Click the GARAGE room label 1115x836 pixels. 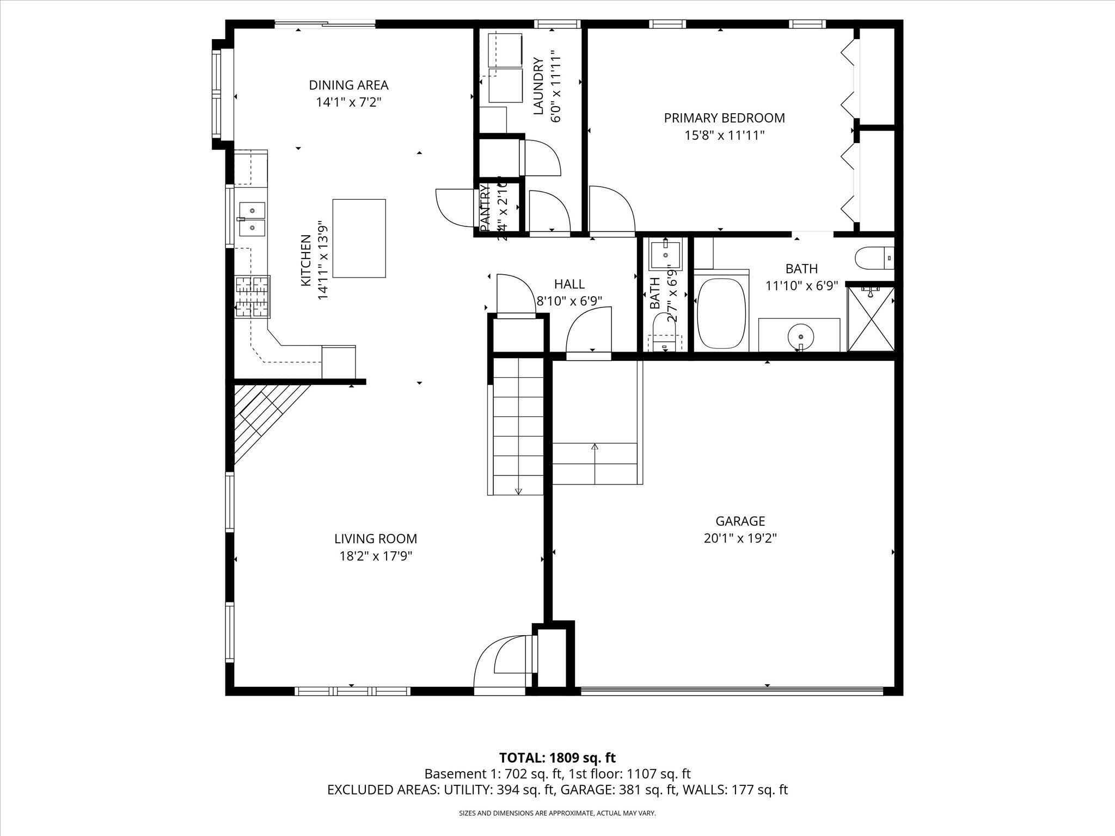(740, 521)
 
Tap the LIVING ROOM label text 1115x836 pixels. (376, 539)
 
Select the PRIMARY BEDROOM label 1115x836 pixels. (724, 118)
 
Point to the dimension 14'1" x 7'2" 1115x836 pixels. (348, 102)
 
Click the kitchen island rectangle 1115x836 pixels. (359, 238)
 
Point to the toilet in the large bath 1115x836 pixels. (874, 258)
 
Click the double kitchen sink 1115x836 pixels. (252, 219)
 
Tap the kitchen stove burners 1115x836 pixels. (253, 297)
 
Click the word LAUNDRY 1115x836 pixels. (538, 86)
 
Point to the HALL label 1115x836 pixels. (569, 284)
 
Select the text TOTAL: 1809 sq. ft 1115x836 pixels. (557, 758)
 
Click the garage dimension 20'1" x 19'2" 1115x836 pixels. (740, 538)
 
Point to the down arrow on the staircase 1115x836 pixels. (518, 490)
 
